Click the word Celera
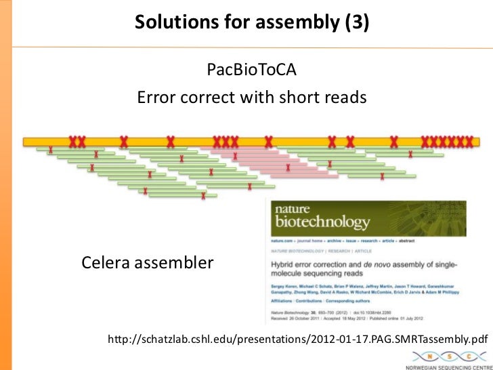[x=107, y=262]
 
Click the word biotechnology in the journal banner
[x=322, y=222]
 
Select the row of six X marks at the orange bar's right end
[x=446, y=142]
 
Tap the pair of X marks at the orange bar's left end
[x=77, y=142]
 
